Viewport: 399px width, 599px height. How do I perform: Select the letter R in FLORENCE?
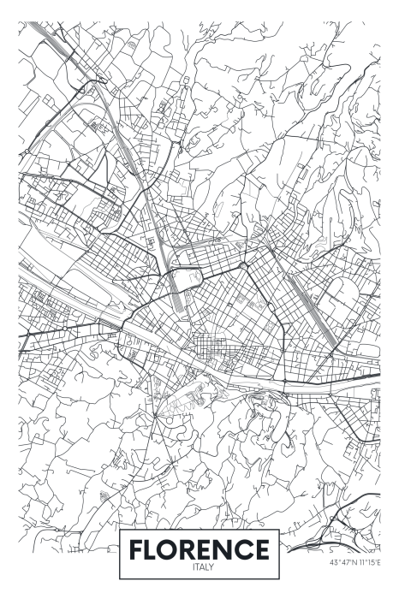(x=194, y=549)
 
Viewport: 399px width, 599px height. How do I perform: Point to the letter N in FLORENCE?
(x=230, y=549)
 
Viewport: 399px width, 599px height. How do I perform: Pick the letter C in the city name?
(x=249, y=549)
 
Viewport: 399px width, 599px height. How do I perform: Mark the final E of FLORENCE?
(x=266, y=549)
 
